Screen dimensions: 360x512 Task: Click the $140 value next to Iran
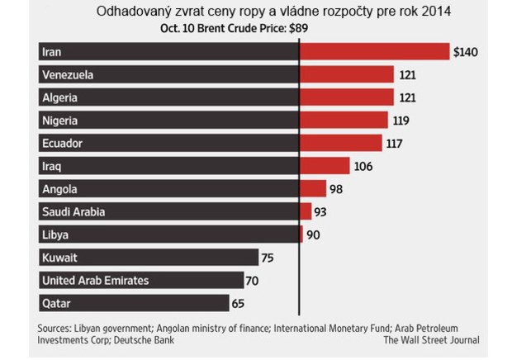click(466, 52)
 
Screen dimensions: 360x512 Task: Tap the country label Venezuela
click(67, 75)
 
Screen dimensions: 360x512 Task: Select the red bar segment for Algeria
click(346, 98)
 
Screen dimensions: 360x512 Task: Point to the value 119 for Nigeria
click(401, 121)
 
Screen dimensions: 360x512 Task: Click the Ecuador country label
click(62, 144)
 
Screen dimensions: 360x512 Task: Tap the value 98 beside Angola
click(335, 189)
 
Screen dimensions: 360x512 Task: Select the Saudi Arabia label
click(73, 212)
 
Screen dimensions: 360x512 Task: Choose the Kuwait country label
click(59, 258)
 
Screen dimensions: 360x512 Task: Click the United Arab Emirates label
click(95, 280)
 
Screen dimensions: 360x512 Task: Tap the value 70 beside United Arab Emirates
click(252, 280)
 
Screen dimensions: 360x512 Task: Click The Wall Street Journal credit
click(432, 339)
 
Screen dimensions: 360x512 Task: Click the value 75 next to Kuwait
click(267, 258)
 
